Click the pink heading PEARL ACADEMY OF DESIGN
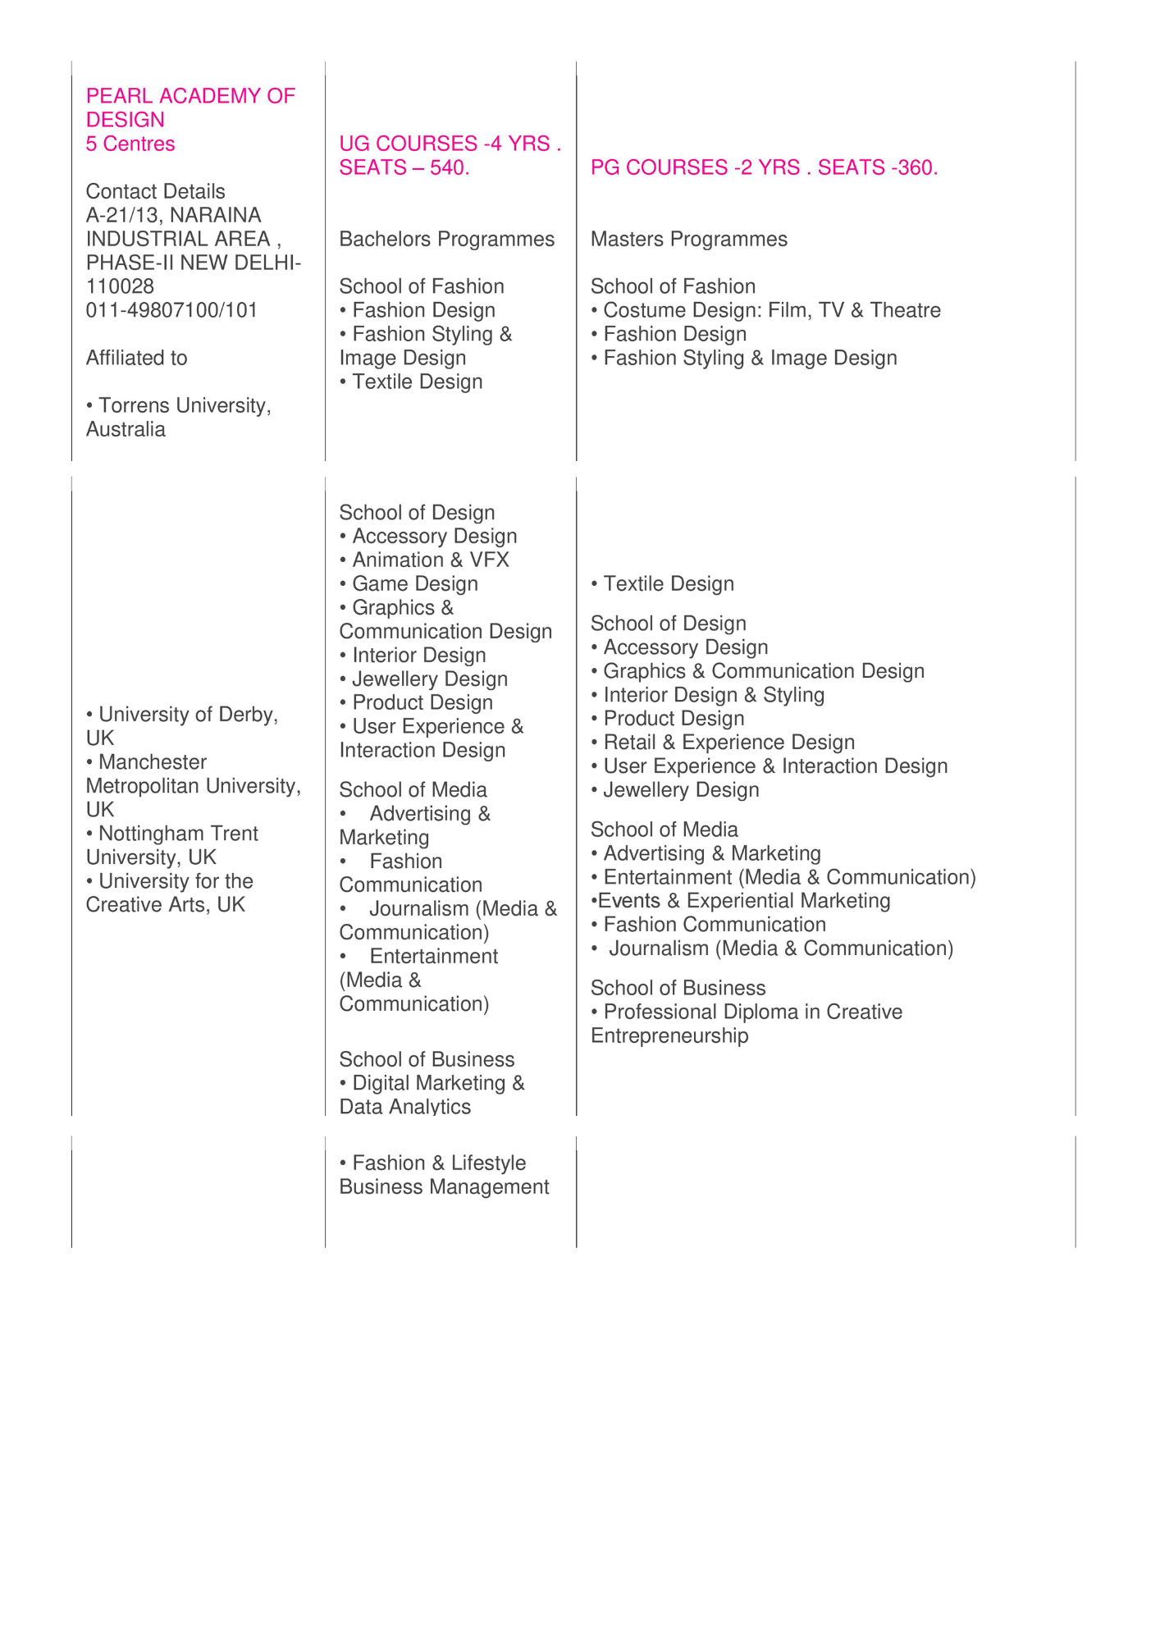tap(190, 107)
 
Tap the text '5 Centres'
tap(130, 144)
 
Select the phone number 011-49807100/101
tap(171, 310)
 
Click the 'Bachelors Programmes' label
tap(446, 239)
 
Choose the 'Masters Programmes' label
tap(688, 239)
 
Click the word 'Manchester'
tap(152, 762)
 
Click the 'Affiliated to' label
tap(136, 358)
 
